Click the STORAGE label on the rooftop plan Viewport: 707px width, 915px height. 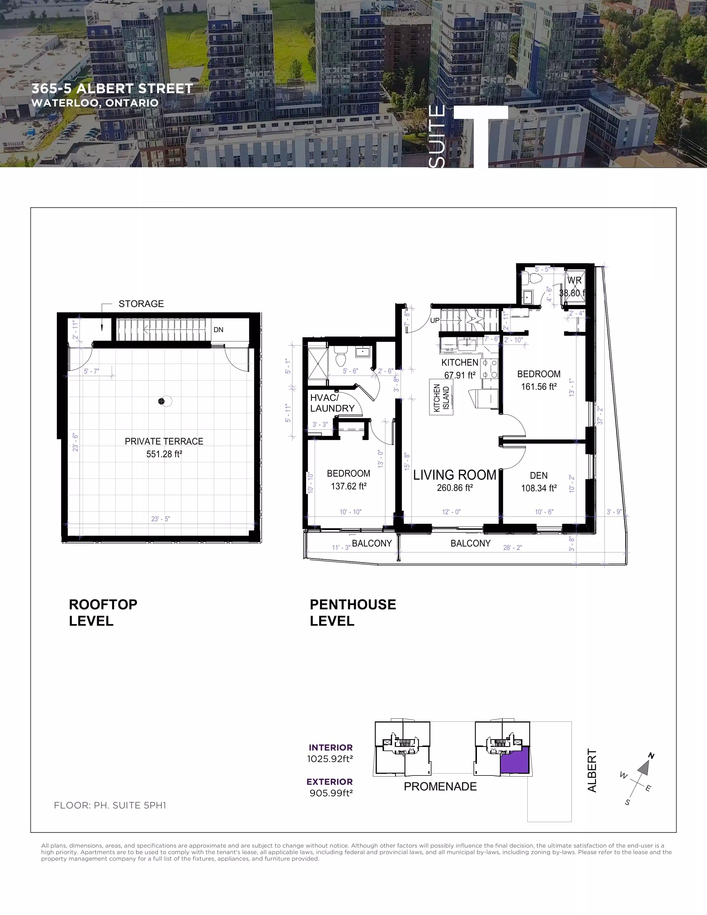point(141,304)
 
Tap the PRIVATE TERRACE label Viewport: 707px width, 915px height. point(164,441)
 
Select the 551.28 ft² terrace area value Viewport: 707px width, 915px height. point(164,454)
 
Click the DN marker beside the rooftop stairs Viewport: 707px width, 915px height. point(218,330)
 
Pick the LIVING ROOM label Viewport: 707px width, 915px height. point(454,475)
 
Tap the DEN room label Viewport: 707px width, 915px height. point(539,475)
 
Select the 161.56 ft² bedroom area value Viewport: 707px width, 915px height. point(539,387)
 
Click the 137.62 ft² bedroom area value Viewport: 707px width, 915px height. point(349,486)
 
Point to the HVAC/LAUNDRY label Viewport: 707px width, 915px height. point(332,403)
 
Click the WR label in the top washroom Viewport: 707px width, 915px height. point(574,280)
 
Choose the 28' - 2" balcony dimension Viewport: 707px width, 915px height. point(513,548)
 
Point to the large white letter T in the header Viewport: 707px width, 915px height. point(481,134)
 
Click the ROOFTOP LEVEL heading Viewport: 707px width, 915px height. point(103,612)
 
